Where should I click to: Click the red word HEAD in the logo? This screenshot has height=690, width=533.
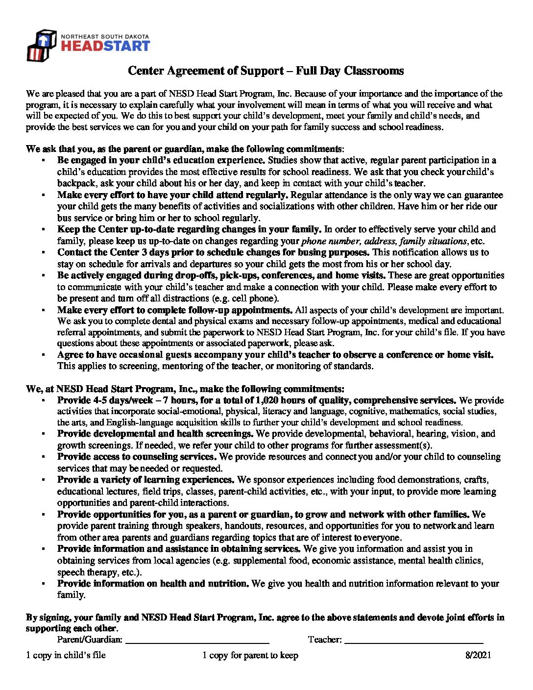pos(80,46)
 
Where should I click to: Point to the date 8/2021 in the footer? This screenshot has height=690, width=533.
pos(478,655)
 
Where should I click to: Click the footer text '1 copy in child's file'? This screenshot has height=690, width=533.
pos(66,655)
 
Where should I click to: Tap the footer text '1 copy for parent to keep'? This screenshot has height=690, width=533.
pos(250,655)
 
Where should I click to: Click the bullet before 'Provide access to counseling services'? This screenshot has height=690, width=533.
pos(44,457)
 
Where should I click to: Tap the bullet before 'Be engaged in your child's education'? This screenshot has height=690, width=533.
pos(44,161)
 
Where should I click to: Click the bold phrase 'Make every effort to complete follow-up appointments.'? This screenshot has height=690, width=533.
pos(175,310)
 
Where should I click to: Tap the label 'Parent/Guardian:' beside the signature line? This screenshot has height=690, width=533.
pos(90,640)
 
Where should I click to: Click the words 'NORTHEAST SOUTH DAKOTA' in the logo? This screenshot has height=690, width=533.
pos(105,37)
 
